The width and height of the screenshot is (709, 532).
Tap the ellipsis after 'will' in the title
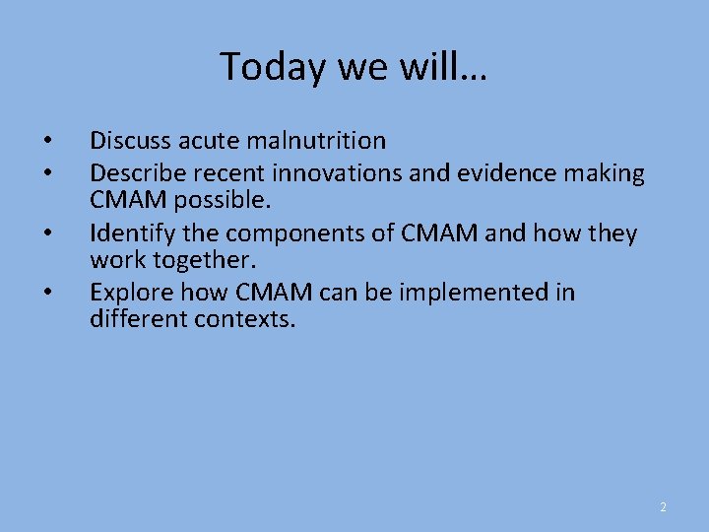474,69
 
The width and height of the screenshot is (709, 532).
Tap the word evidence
477,174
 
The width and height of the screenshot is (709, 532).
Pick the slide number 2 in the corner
663,507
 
